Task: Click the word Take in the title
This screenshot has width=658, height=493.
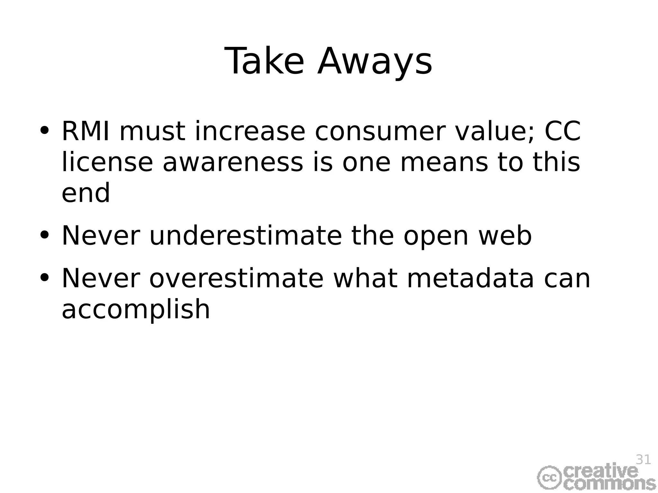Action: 264,61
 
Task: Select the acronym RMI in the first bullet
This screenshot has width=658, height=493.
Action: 85,131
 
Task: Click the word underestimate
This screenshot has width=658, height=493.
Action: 245,236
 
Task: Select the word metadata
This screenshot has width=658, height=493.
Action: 470,278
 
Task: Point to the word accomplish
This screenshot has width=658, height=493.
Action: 136,309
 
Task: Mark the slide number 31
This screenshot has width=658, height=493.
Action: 643,460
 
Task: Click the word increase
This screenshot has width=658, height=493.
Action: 250,131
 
